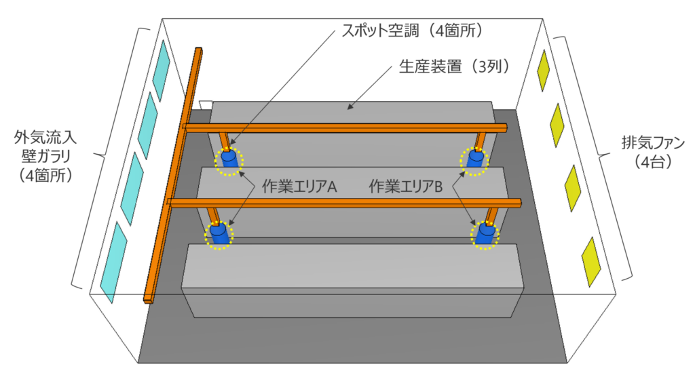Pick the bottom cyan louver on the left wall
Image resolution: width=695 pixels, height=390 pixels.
point(113,261)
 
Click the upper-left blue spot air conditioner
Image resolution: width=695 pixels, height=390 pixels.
point(229,160)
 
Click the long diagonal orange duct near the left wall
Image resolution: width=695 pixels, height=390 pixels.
point(173,176)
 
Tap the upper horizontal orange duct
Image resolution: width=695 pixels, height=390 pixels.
point(346,128)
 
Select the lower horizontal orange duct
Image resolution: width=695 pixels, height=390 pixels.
point(346,201)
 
